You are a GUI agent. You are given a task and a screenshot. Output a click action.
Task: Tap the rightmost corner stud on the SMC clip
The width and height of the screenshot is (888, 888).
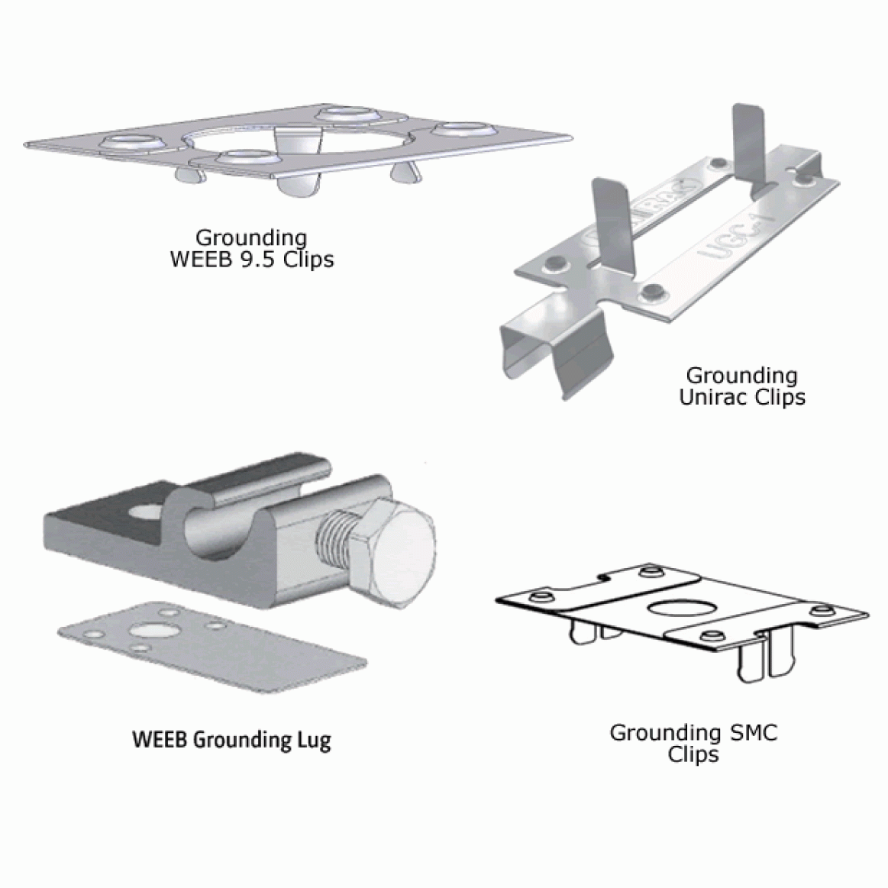tap(822, 611)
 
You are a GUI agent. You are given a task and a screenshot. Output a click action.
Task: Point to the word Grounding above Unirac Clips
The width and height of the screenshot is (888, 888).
tap(741, 376)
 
